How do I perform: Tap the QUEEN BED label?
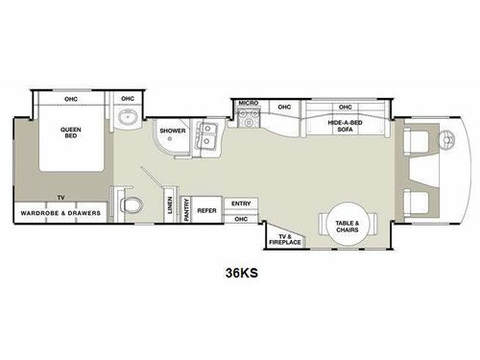[x=70, y=134]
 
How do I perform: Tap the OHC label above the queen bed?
[x=70, y=99]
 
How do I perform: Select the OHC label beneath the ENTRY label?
[x=241, y=219]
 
